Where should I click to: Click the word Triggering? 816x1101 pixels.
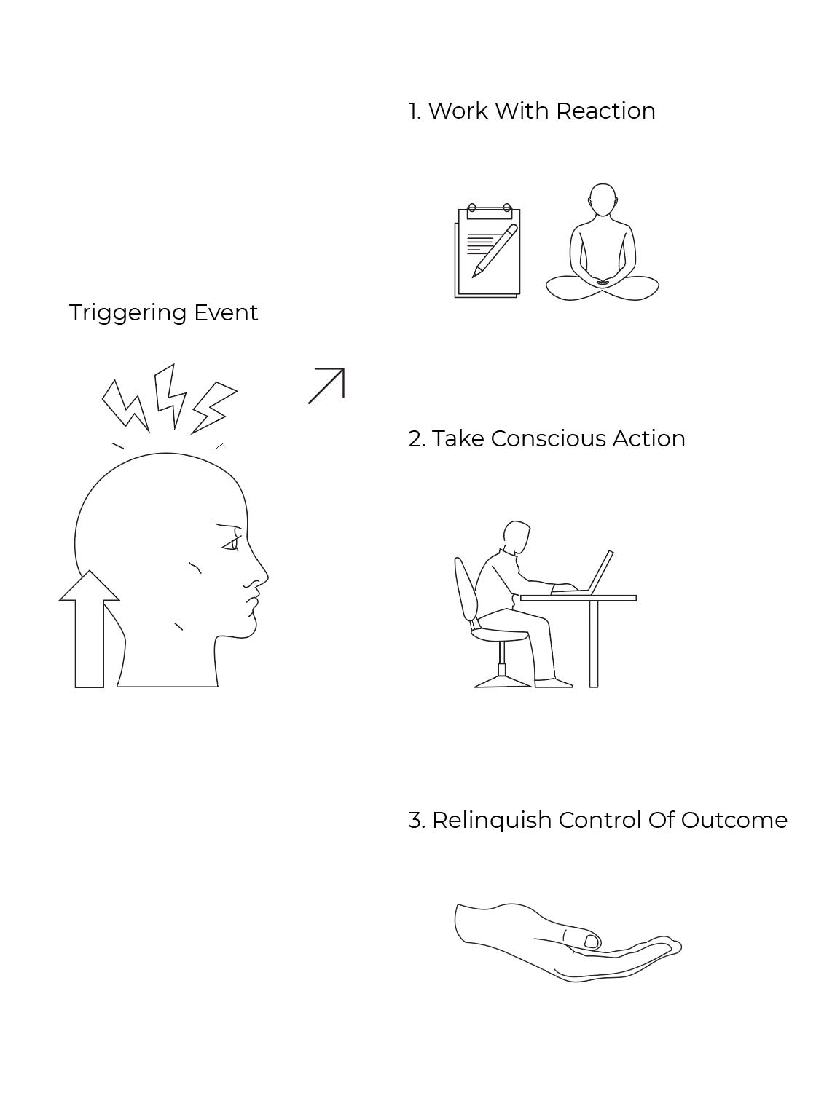pyautogui.click(x=127, y=313)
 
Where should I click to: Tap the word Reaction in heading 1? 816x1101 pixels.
pyautogui.click(x=605, y=111)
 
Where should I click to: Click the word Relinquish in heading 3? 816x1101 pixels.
pyautogui.click(x=491, y=821)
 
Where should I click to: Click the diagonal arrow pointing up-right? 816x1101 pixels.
pyautogui.click(x=326, y=385)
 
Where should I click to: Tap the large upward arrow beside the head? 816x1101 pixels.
pyautogui.click(x=89, y=630)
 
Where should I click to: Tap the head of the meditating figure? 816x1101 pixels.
pyautogui.click(x=602, y=200)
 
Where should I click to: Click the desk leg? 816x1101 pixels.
pyautogui.click(x=594, y=644)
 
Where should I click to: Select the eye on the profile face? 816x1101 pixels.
pyautogui.click(x=231, y=544)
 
